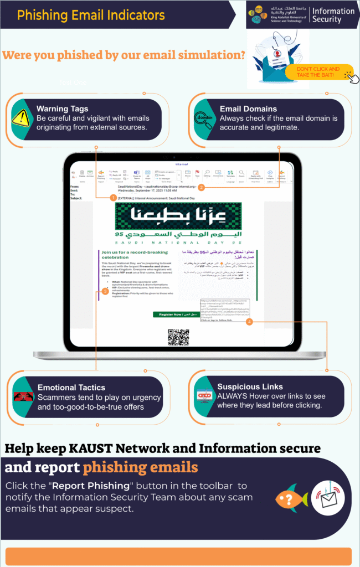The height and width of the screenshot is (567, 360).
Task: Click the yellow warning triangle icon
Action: coord(20,117)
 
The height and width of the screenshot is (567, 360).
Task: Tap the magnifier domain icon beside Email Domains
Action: coord(203,118)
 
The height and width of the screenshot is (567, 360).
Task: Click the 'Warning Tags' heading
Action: coord(62,109)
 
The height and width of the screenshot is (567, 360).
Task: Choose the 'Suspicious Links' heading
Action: coord(250,386)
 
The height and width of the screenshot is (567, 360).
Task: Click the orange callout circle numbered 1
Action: coord(113,198)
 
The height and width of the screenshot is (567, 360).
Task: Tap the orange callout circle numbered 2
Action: coord(202,187)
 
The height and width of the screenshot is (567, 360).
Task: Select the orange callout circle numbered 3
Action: coord(105,291)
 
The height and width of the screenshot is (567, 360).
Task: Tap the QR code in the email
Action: coord(179,337)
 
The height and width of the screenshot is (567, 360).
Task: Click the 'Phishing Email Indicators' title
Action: coord(91,15)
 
